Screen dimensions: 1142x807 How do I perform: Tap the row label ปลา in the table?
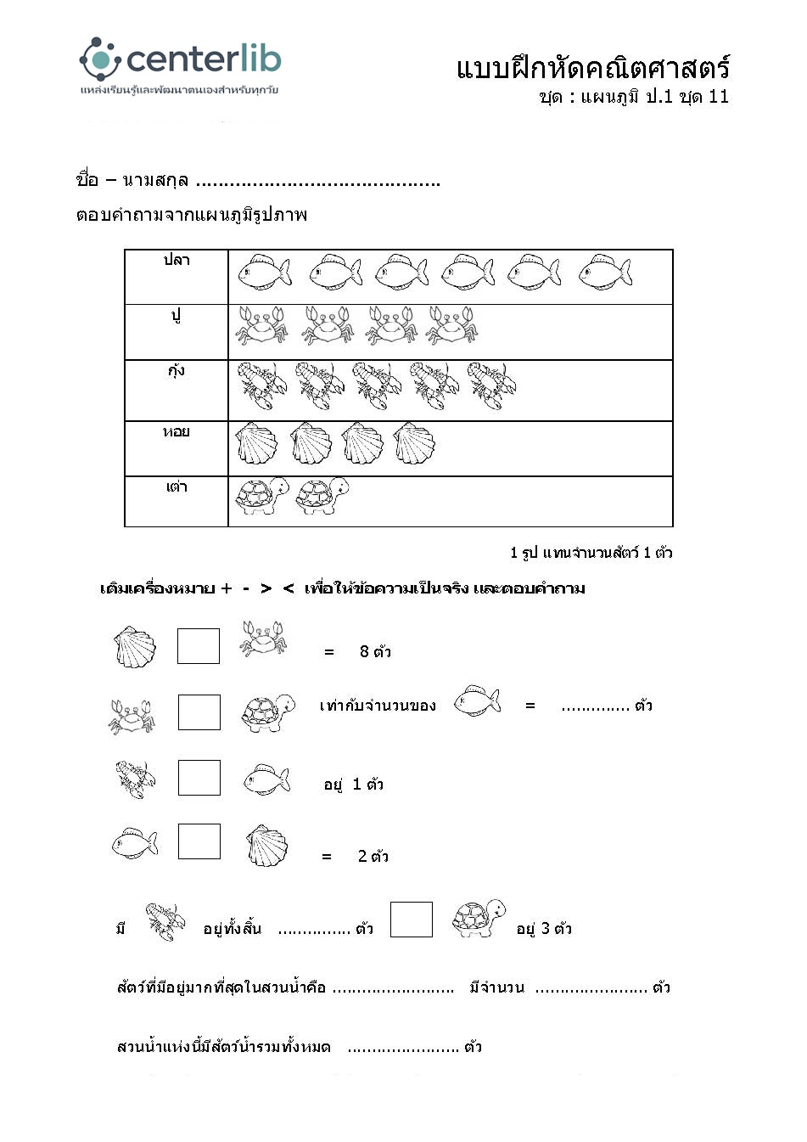point(177,260)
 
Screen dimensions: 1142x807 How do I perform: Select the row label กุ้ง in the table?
point(177,370)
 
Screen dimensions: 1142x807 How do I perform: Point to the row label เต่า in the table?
point(177,487)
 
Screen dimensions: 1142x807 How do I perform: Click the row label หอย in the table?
point(177,431)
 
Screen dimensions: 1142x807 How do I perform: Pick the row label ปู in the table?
point(177,315)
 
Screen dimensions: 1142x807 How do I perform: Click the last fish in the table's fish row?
point(605,272)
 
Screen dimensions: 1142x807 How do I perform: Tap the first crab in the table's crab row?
point(261,325)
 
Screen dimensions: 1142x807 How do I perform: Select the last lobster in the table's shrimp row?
point(491,385)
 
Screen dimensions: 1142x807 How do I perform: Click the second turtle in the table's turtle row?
point(322,496)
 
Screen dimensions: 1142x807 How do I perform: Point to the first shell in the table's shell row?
point(256,443)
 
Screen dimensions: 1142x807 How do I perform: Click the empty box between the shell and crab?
point(199,646)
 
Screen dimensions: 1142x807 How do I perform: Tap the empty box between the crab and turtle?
point(199,712)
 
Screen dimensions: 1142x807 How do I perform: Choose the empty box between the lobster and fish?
point(199,778)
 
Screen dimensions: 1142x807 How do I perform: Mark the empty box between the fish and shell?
point(199,841)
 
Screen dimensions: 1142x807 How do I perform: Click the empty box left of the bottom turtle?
point(412,920)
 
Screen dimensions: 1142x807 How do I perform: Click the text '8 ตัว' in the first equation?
point(375,652)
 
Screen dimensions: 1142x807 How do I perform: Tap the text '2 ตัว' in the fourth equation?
point(373,857)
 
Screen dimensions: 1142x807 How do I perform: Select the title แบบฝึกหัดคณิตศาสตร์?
point(592,68)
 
